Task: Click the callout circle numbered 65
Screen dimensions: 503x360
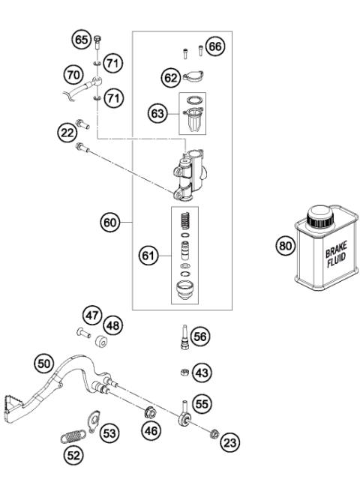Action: tap(81, 38)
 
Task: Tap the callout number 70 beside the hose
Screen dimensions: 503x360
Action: tap(73, 75)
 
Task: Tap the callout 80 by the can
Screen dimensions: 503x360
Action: tap(285, 247)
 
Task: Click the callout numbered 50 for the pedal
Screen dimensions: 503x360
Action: tap(46, 363)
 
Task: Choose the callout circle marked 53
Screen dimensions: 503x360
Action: tap(110, 433)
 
